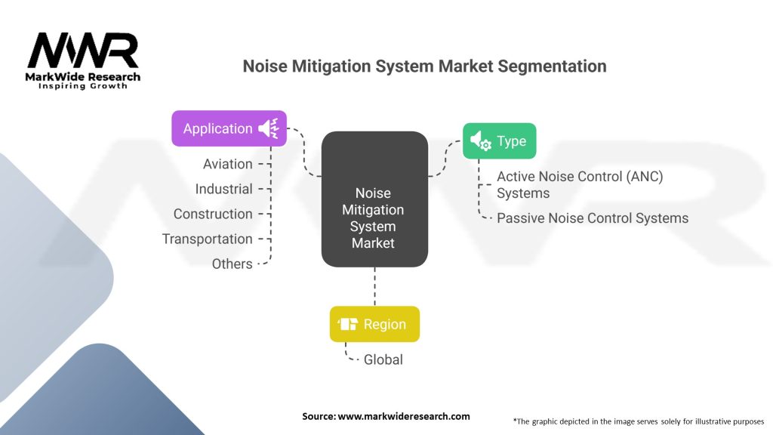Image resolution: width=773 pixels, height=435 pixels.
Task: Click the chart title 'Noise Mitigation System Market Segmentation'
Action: click(424, 66)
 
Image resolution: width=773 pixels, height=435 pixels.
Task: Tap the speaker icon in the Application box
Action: click(268, 128)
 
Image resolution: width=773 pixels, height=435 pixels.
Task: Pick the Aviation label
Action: click(227, 164)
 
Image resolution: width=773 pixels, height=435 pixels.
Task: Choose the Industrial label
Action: click(223, 189)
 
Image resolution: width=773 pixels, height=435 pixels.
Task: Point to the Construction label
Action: click(213, 214)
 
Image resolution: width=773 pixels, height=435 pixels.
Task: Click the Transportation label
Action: click(207, 239)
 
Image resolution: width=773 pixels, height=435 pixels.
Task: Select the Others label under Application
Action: click(232, 264)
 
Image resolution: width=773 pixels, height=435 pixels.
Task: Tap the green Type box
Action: click(499, 140)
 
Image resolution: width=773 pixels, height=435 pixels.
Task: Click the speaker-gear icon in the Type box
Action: click(480, 140)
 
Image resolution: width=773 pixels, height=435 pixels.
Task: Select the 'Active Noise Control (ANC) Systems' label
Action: click(580, 184)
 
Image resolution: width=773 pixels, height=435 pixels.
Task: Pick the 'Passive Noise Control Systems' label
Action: click(593, 217)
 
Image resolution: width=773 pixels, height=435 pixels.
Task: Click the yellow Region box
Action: click(374, 324)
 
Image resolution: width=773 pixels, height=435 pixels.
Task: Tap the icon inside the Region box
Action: click(348, 324)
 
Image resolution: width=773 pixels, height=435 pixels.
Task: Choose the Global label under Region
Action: click(383, 359)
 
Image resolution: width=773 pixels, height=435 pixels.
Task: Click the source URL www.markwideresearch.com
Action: click(386, 416)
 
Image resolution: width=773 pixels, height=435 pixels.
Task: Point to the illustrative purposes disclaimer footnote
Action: click(638, 421)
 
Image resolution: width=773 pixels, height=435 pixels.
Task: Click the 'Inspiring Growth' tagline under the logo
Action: click(83, 86)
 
